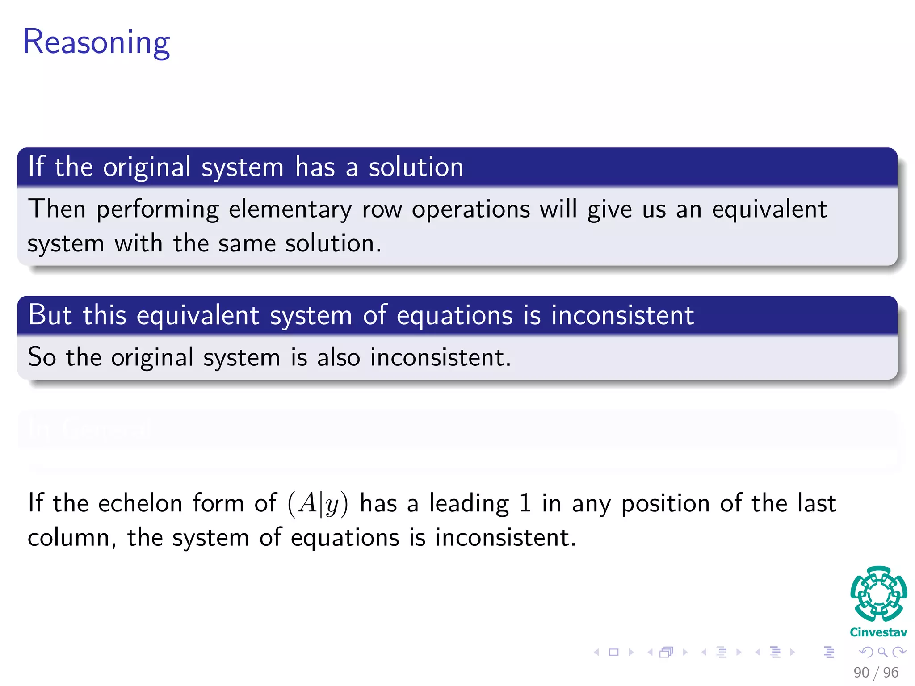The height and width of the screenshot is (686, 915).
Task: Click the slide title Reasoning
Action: pos(96,42)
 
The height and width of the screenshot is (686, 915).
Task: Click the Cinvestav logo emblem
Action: pos(878,594)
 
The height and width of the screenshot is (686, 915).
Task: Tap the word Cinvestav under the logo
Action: pos(878,632)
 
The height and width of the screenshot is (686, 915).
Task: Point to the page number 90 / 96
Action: pos(876,672)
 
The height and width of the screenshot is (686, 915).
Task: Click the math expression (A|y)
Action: pos(318,504)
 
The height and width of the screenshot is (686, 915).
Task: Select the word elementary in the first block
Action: pos(290,209)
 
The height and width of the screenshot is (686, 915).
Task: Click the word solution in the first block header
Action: pos(416,167)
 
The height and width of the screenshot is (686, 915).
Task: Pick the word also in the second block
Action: pos(338,357)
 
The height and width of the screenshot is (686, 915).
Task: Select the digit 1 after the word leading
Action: pos(525,503)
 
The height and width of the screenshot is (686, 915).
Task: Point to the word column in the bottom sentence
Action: pos(69,537)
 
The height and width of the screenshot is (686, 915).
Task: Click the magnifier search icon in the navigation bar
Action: pos(882,652)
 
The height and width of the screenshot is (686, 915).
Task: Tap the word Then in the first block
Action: pos(57,209)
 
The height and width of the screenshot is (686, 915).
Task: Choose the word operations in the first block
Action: pos(471,209)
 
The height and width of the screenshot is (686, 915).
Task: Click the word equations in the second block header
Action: pos(454,315)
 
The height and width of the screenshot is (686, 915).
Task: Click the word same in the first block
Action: pos(247,244)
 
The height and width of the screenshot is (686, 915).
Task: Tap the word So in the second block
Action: pos(42,357)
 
